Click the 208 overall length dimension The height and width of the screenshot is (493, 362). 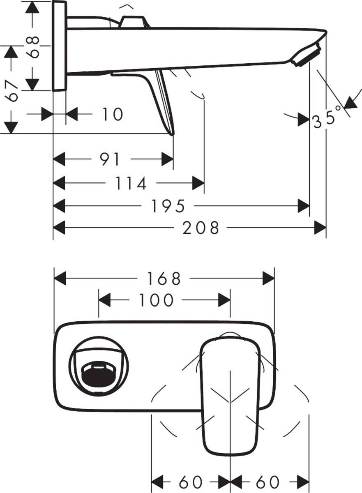tap(201, 228)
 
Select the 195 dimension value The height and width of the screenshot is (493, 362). tap(169, 206)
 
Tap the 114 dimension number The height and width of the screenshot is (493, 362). tap(131, 184)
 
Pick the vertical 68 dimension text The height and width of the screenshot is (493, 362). tap(34, 46)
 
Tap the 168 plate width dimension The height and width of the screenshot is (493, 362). tap(164, 279)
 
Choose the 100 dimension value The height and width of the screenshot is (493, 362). tap(156, 301)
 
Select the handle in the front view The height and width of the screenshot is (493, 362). tap(230, 394)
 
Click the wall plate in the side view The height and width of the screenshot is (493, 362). tap(60, 46)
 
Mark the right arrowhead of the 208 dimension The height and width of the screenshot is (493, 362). tap(320, 228)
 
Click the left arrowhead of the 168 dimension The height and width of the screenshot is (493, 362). tap(60, 279)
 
